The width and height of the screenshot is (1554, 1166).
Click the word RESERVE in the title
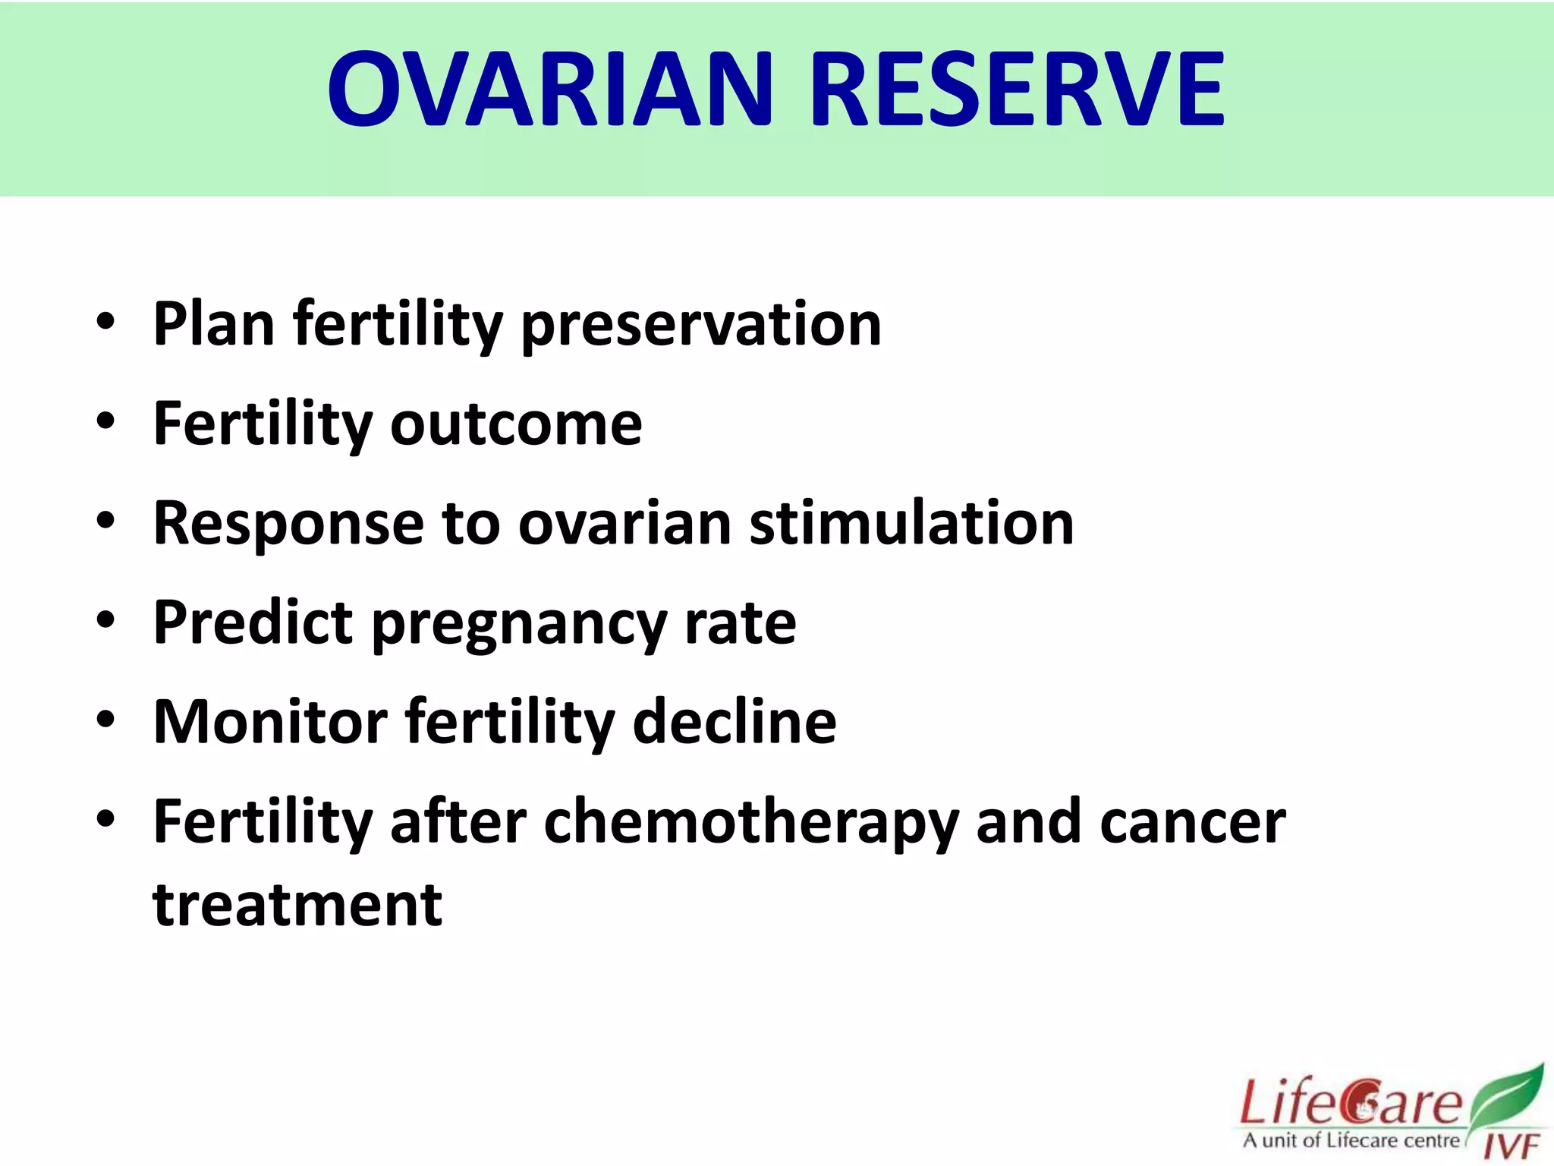(x=1018, y=89)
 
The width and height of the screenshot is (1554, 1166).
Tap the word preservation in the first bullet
(x=702, y=325)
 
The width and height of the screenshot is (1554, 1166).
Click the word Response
(x=289, y=524)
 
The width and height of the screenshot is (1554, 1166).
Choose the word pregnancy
(x=519, y=625)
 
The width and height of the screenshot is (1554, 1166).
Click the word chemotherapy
(x=751, y=823)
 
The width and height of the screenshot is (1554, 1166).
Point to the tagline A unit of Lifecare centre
(x=1351, y=1140)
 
